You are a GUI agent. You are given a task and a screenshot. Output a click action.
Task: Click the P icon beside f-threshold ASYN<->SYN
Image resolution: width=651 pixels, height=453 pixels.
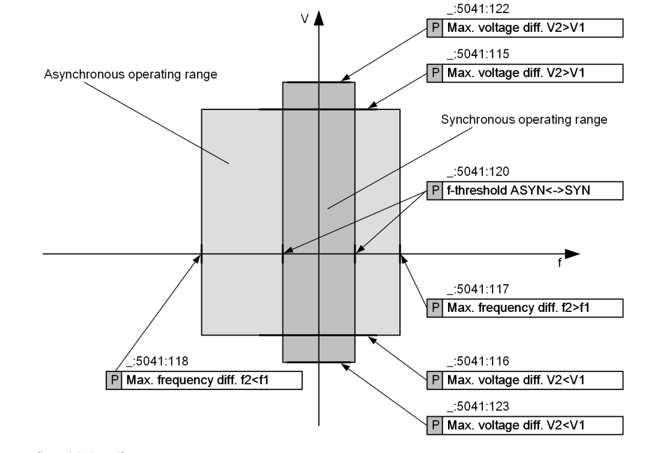coord(434,190)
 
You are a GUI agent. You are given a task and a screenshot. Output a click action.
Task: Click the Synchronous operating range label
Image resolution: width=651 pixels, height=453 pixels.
coord(524,119)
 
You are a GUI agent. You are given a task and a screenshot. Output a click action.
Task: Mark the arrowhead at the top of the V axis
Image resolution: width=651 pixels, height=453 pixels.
coord(319,17)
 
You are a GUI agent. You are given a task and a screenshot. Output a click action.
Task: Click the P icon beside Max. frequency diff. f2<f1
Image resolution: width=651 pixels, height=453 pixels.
coord(113,381)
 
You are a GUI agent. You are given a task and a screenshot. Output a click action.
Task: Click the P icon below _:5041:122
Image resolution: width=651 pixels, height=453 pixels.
coord(434,28)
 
